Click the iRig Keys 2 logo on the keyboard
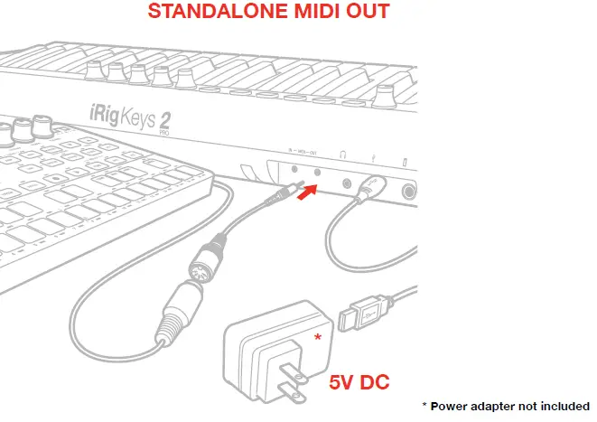130,116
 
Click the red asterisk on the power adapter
317,337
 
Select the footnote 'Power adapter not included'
509,406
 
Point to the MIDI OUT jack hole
318,169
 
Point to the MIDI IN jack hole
295,168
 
